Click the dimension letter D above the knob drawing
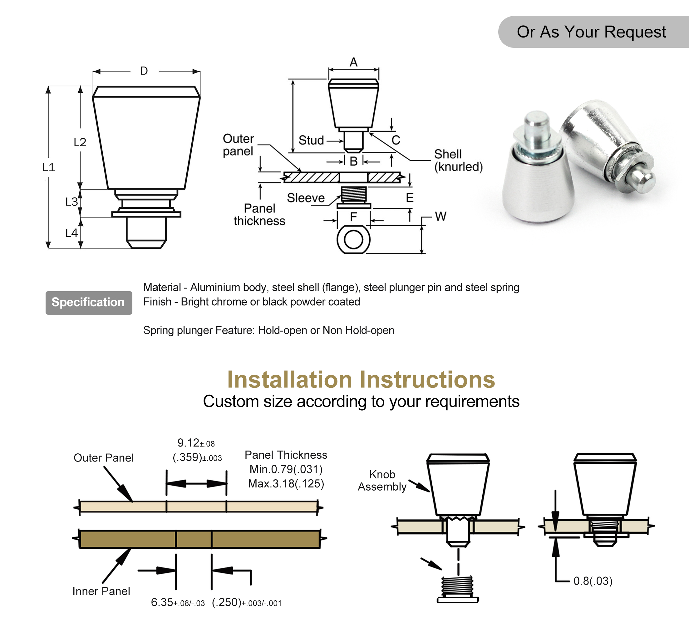pyautogui.click(x=144, y=71)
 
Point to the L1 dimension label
pyautogui.click(x=49, y=167)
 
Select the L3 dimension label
pyautogui.click(x=71, y=202)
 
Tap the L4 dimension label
pyautogui.click(x=71, y=233)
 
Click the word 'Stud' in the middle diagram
pyautogui.click(x=311, y=140)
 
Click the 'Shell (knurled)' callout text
pyautogui.click(x=458, y=161)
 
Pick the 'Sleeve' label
pyautogui.click(x=305, y=198)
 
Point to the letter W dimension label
pyautogui.click(x=440, y=217)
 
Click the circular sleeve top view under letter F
pyautogui.click(x=353, y=240)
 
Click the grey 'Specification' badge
pyautogui.click(x=88, y=302)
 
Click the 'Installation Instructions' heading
pyautogui.click(x=361, y=379)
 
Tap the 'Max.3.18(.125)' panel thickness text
pyautogui.click(x=286, y=484)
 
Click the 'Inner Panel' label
pyautogui.click(x=101, y=591)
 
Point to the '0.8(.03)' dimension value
pyautogui.click(x=593, y=581)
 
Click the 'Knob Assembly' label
pyautogui.click(x=382, y=481)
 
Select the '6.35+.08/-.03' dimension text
pyautogui.click(x=178, y=602)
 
